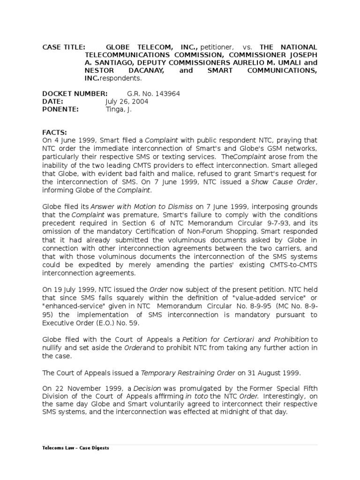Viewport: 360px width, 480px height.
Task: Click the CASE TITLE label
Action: [x=64, y=47]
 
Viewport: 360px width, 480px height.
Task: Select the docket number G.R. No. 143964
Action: [x=153, y=93]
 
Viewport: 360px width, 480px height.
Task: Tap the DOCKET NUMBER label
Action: [x=75, y=93]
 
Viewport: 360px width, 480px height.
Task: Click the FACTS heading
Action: [x=55, y=133]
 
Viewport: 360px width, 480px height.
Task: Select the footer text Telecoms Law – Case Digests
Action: [x=75, y=448]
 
